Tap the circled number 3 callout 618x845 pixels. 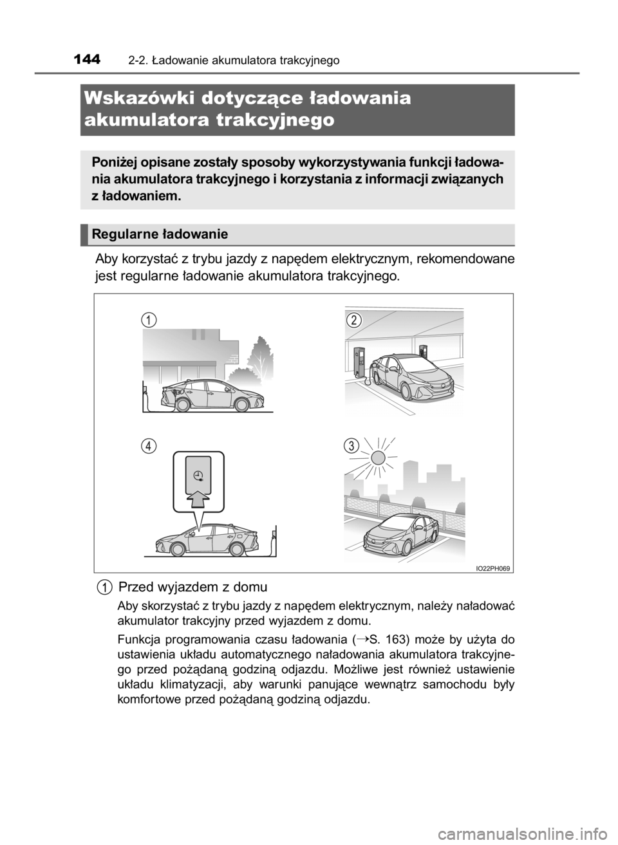pos(351,445)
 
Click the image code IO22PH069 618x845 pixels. pos(493,567)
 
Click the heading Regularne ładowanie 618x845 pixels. pos(160,235)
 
